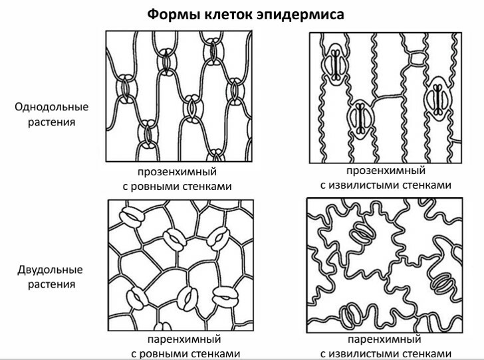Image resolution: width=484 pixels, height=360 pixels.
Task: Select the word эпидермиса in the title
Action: point(301,15)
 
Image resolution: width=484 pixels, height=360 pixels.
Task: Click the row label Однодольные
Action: point(52,107)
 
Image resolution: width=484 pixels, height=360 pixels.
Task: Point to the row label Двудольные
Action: point(50,270)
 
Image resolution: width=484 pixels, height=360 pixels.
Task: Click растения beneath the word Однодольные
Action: point(52,122)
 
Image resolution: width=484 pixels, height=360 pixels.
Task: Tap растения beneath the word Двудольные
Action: point(52,284)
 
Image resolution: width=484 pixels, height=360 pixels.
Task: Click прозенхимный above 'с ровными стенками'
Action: point(177,171)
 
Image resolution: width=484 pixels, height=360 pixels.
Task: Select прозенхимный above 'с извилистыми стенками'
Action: point(386,170)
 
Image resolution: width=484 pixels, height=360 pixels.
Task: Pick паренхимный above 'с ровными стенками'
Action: point(184,339)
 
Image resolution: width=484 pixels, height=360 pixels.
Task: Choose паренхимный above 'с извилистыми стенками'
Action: point(384,339)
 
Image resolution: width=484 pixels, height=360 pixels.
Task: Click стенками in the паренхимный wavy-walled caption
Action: point(427,354)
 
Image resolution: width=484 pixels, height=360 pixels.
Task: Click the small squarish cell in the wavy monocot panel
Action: point(417,58)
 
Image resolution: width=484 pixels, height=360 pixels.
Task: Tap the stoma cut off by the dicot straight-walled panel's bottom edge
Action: point(163,326)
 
